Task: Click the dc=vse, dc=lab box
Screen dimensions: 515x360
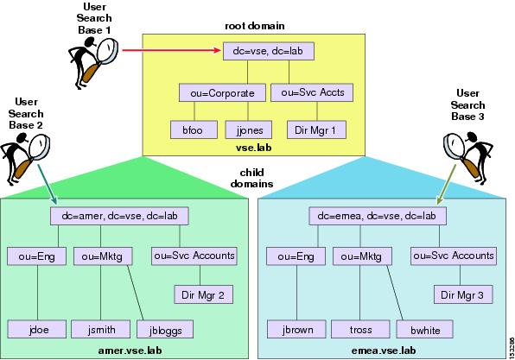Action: tap(269, 51)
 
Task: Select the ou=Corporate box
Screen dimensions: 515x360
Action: tap(222, 93)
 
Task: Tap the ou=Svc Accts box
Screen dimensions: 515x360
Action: tap(312, 92)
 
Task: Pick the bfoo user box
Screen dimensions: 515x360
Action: tap(194, 130)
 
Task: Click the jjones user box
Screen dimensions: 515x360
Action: tap(249, 130)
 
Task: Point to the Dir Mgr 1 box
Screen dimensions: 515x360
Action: tap(316, 130)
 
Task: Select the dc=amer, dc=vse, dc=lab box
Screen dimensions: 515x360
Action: tap(119, 216)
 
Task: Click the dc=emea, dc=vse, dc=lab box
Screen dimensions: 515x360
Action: tap(378, 216)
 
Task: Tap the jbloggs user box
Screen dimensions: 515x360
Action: tap(165, 330)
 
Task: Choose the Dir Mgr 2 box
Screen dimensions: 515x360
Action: tap(203, 294)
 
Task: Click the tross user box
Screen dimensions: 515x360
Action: tap(360, 330)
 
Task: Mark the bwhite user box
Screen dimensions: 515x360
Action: tap(425, 330)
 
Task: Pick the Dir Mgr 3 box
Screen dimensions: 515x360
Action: tap(463, 294)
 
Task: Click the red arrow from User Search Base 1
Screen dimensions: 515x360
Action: tap(171, 50)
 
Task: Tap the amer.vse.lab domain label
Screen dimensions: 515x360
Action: tap(130, 351)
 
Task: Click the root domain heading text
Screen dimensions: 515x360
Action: tap(255, 26)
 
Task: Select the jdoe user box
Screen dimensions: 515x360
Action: tap(37, 330)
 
